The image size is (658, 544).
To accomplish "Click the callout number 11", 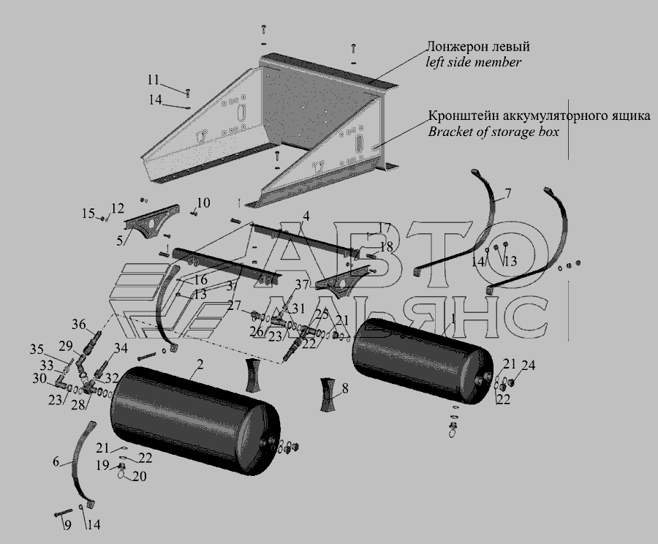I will [x=152, y=79].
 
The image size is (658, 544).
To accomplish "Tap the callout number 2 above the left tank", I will [x=200, y=365].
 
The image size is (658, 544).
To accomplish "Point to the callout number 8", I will [x=345, y=390].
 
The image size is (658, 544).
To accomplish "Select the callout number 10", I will [x=203, y=203].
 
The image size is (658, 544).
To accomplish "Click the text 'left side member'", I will [x=473, y=63].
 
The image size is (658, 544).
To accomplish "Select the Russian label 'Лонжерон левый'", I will [x=479, y=47].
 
